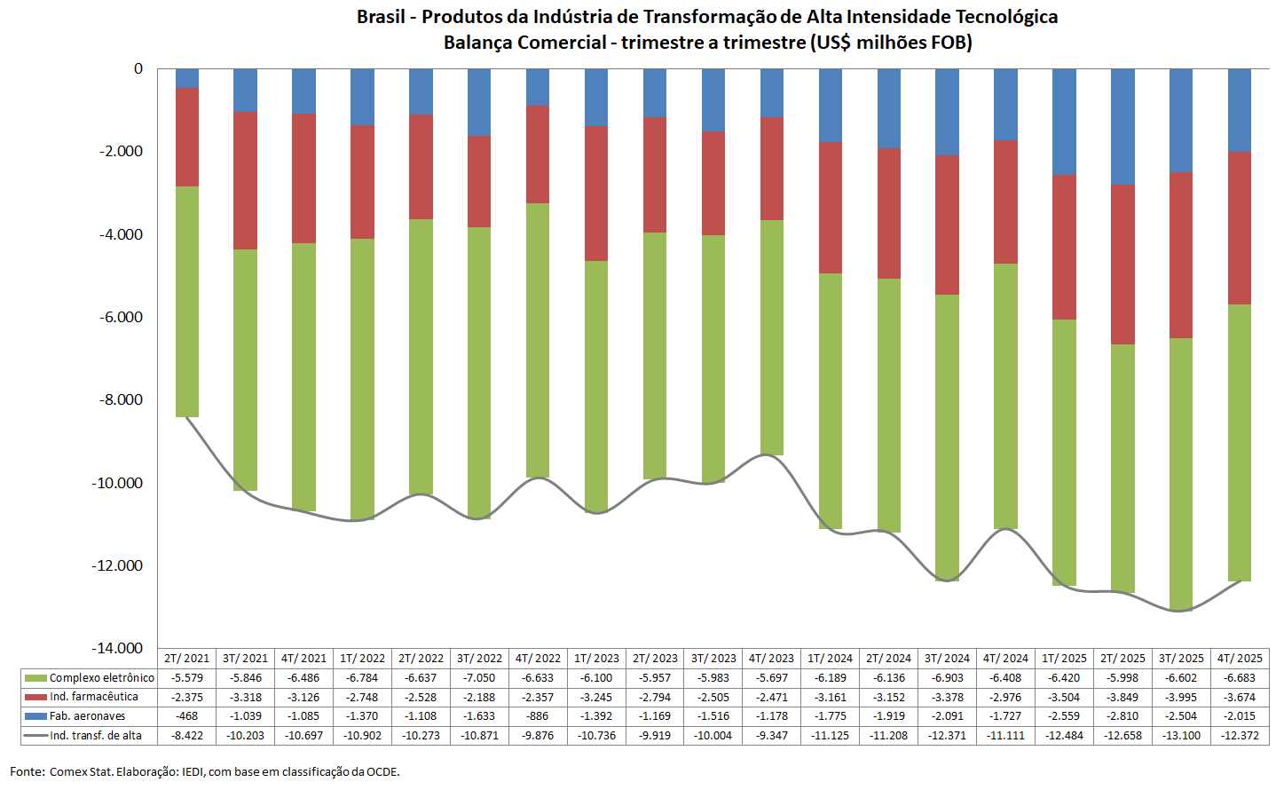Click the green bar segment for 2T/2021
(187, 302)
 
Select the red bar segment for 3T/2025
(1181, 255)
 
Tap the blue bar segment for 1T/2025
(1064, 122)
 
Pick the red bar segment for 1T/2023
(596, 193)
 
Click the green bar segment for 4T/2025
(1239, 443)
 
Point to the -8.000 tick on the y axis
(121, 400)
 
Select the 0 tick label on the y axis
(138, 69)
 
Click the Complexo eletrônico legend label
(101, 678)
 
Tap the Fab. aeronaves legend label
(87, 716)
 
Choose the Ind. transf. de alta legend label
(95, 736)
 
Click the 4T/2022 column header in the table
(538, 659)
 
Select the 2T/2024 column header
(889, 659)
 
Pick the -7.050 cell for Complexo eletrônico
(479, 678)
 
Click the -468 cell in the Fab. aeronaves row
(187, 716)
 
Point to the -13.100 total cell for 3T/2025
(1181, 736)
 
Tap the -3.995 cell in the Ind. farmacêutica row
(1181, 698)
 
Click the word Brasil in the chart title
(381, 17)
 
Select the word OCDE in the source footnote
(382, 772)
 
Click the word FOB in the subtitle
(950, 43)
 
